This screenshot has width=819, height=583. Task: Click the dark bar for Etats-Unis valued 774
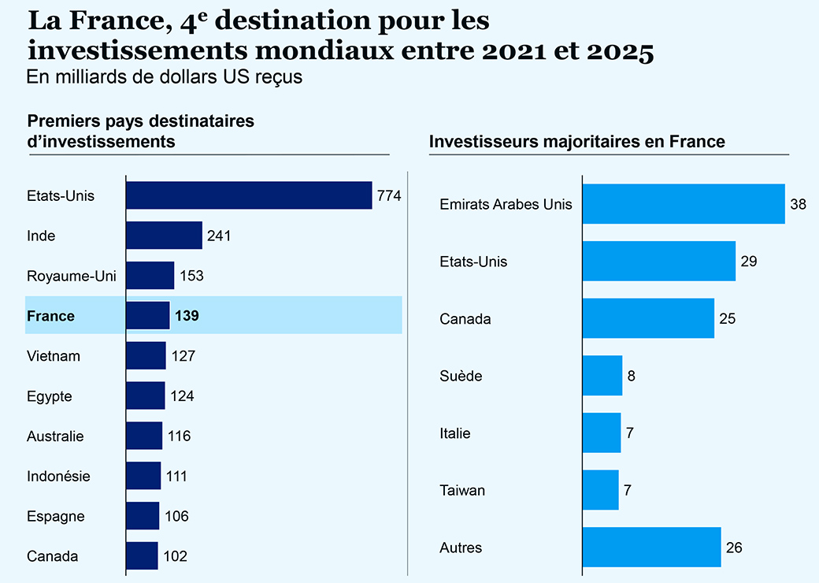(x=249, y=195)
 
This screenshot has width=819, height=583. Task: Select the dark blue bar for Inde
(x=164, y=236)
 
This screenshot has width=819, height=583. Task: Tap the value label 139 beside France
(x=187, y=316)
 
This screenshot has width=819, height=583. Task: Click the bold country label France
(x=50, y=316)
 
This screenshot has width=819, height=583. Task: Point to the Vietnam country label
(x=54, y=356)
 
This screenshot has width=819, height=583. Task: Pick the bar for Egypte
(x=146, y=395)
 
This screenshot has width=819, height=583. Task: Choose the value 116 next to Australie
(x=179, y=436)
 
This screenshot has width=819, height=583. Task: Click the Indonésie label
(x=58, y=476)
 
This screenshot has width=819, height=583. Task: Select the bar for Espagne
(x=143, y=516)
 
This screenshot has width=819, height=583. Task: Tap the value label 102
(x=175, y=556)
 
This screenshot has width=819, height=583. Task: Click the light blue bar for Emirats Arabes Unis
(x=684, y=204)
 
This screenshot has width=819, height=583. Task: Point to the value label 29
(x=749, y=262)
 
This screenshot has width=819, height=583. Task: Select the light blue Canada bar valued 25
(x=648, y=318)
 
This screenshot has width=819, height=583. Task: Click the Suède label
(x=461, y=376)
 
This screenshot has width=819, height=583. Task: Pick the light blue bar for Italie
(x=602, y=433)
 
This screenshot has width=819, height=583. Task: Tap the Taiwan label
(x=462, y=490)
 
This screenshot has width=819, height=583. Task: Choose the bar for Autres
(x=652, y=547)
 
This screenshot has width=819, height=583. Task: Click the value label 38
(x=799, y=204)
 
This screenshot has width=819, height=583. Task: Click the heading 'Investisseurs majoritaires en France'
(x=576, y=142)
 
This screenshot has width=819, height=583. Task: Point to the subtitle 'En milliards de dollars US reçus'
(x=165, y=77)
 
